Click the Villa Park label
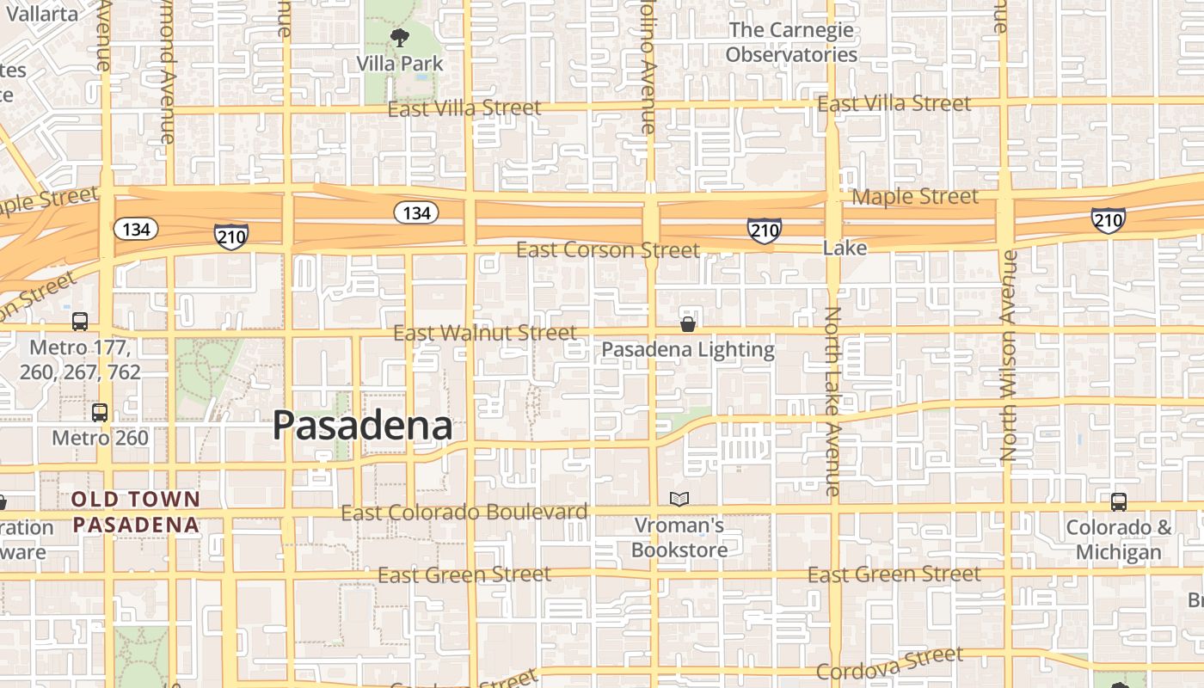pyautogui.click(x=401, y=64)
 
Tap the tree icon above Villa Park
pyautogui.click(x=399, y=37)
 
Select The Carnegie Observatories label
pyautogui.click(x=791, y=42)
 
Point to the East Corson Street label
pyautogui.click(x=608, y=250)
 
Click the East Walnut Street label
pyautogui.click(x=485, y=333)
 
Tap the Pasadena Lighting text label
pyautogui.click(x=688, y=350)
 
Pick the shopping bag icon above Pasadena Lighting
pyautogui.click(x=687, y=324)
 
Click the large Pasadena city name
pyautogui.click(x=363, y=426)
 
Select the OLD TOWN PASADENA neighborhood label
pyautogui.click(x=136, y=512)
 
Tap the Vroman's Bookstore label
pyautogui.click(x=679, y=537)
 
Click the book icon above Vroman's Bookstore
pyautogui.click(x=679, y=499)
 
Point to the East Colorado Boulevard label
pyautogui.click(x=464, y=513)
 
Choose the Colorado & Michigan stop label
pyautogui.click(x=1119, y=539)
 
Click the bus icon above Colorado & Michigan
pyautogui.click(x=1119, y=501)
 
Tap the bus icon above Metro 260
pyautogui.click(x=100, y=412)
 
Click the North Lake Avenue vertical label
pyautogui.click(x=832, y=401)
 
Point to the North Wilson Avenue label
pyautogui.click(x=1009, y=355)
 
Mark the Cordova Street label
pyautogui.click(x=890, y=664)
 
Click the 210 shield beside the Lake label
pyautogui.click(x=764, y=230)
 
